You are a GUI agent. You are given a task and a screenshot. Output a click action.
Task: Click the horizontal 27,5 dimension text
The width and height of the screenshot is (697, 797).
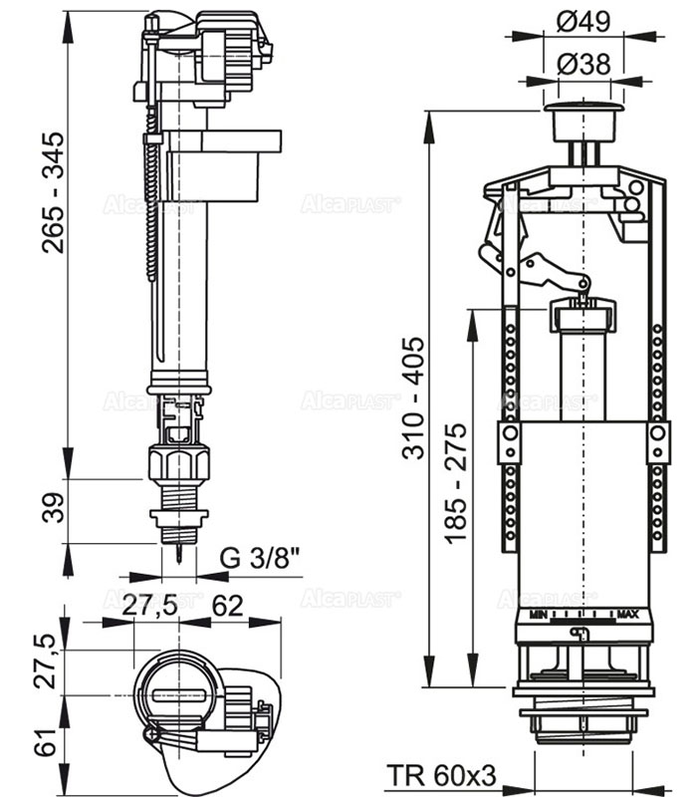157,605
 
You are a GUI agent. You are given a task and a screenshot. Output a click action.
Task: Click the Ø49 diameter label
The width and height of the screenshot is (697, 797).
584,20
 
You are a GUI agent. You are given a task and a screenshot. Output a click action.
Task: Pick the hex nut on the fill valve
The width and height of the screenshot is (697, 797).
179,464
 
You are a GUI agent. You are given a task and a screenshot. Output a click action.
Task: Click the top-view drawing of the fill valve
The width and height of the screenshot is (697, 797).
204,702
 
